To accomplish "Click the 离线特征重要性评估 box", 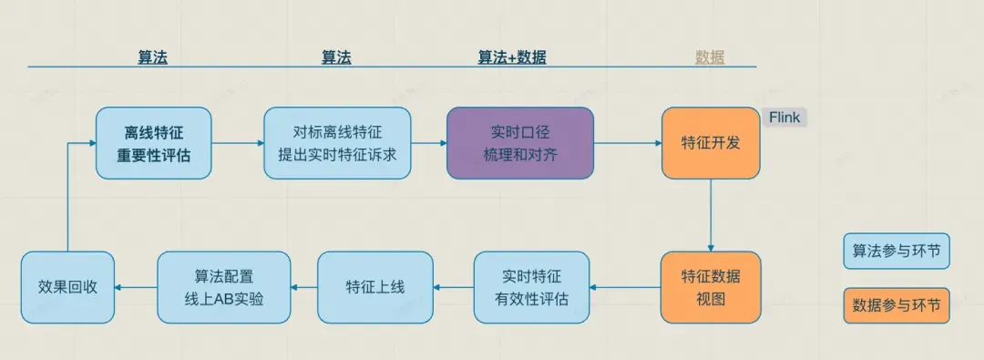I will tap(153, 142).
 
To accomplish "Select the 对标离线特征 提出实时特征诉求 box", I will tap(337, 142).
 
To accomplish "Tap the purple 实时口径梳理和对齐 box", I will tap(519, 142).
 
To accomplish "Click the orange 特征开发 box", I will tap(711, 142).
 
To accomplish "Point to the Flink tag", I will tap(784, 118).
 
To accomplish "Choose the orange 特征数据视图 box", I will tap(711, 287).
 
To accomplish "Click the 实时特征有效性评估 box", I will tap(531, 287).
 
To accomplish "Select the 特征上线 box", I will tap(374, 287).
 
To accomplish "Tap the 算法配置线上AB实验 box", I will tap(223, 287).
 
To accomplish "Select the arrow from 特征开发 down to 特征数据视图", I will tap(711, 214).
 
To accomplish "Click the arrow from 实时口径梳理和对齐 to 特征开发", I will tap(628, 143).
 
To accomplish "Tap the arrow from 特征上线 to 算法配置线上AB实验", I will tap(304, 288).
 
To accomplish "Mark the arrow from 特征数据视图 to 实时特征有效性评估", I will tap(625, 288).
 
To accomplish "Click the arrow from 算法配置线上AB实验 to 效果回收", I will tap(135, 288).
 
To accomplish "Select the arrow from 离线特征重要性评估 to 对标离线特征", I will tap(238, 143).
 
